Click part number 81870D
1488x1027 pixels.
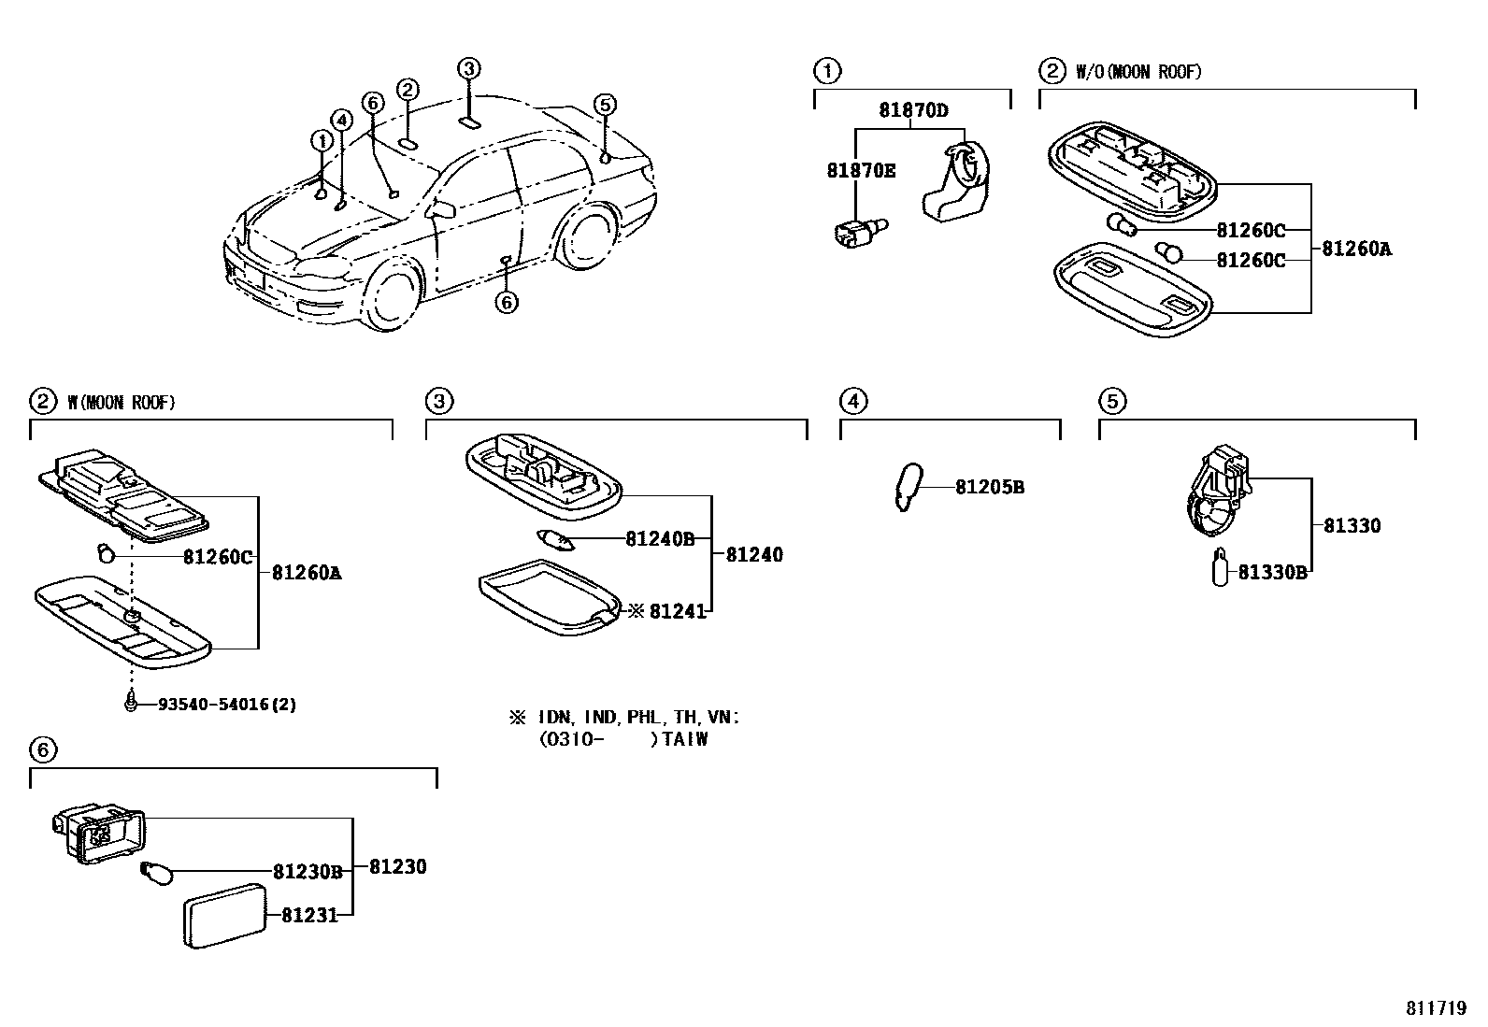coord(912,110)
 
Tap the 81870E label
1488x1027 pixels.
coord(860,170)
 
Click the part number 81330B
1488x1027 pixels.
coord(1272,573)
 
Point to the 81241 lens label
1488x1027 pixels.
coord(678,611)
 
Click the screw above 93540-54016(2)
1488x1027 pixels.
coord(131,702)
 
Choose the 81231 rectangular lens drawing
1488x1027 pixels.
coord(222,917)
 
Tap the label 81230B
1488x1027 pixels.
coord(308,871)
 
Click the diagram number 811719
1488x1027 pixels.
coord(1436,1009)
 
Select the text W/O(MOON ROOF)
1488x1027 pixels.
coord(1138,72)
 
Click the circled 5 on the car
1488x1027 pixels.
coord(605,105)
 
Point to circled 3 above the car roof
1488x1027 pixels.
coord(469,68)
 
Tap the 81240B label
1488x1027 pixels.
coord(660,538)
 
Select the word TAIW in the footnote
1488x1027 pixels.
coord(687,739)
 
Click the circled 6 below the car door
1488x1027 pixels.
coord(506,302)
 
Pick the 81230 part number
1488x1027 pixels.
coord(397,867)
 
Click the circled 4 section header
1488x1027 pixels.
coord(852,402)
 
